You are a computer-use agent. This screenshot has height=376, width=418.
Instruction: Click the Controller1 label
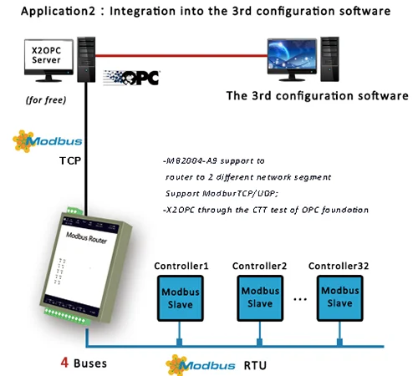tap(178, 266)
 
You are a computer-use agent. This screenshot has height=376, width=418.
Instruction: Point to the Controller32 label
tap(339, 266)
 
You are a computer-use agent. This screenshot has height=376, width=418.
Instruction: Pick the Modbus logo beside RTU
tap(196, 364)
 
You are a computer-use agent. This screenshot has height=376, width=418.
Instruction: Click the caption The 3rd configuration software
tap(317, 95)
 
